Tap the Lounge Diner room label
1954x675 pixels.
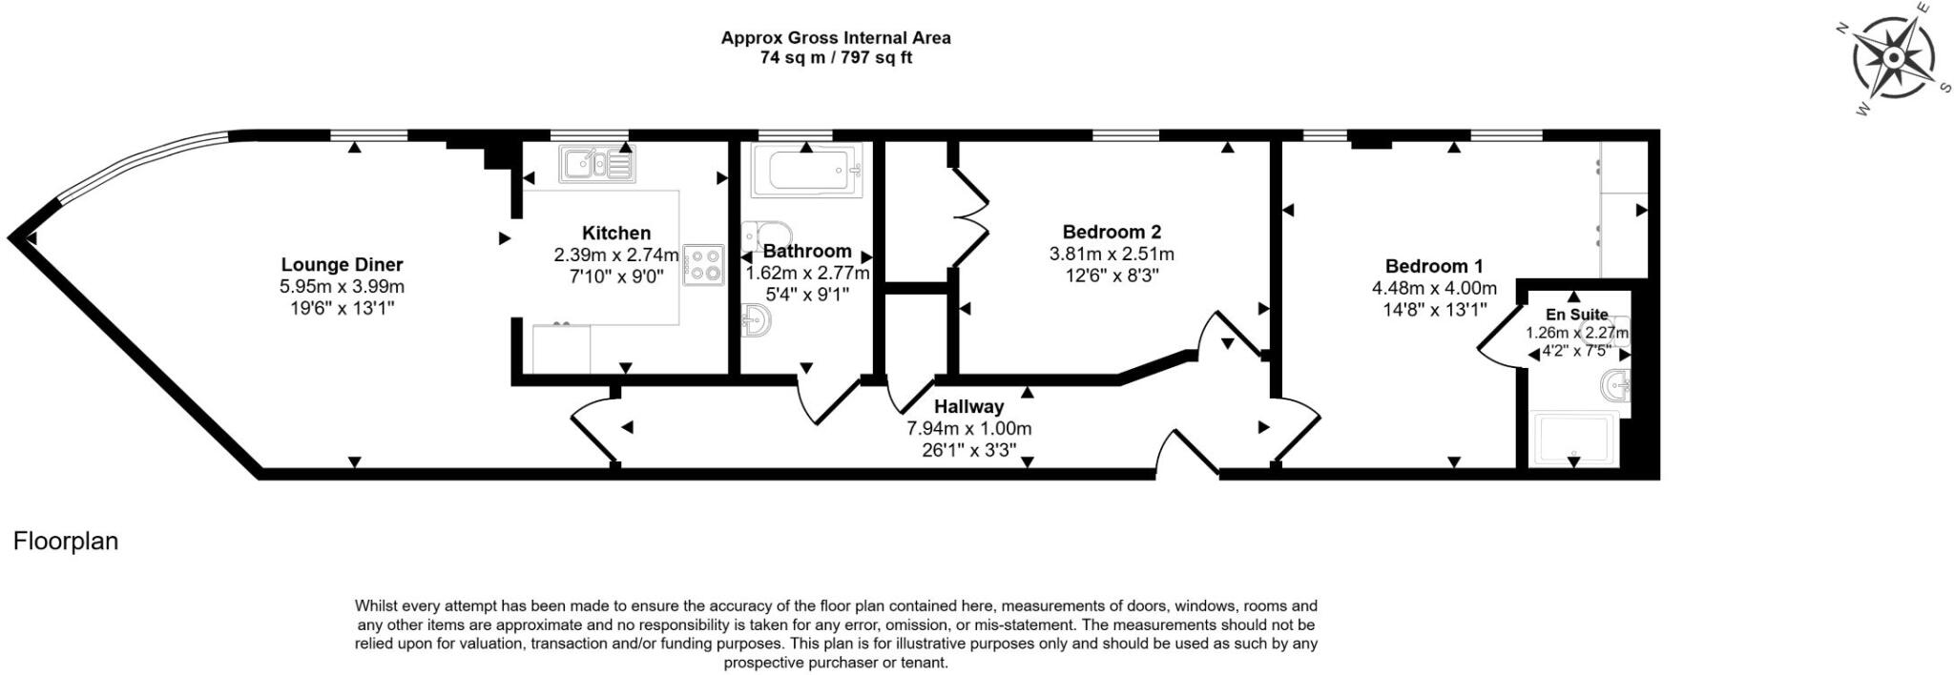(x=342, y=265)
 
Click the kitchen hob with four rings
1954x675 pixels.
(x=705, y=264)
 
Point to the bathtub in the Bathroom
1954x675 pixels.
(x=806, y=172)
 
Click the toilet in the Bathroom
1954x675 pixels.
(x=768, y=235)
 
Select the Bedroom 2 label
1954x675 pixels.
(x=1112, y=232)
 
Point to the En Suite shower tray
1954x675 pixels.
(x=1571, y=440)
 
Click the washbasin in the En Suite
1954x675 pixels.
(x=1615, y=386)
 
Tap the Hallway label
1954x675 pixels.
(x=968, y=407)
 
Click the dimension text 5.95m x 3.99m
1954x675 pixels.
(x=342, y=286)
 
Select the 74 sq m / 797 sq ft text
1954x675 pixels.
(x=836, y=57)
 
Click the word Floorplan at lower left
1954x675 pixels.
(x=66, y=542)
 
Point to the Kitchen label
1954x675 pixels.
(x=616, y=233)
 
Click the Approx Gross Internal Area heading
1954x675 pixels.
(x=836, y=38)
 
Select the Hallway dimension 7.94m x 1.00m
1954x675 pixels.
(x=968, y=428)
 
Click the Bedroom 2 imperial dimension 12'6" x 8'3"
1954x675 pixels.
(x=1112, y=276)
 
